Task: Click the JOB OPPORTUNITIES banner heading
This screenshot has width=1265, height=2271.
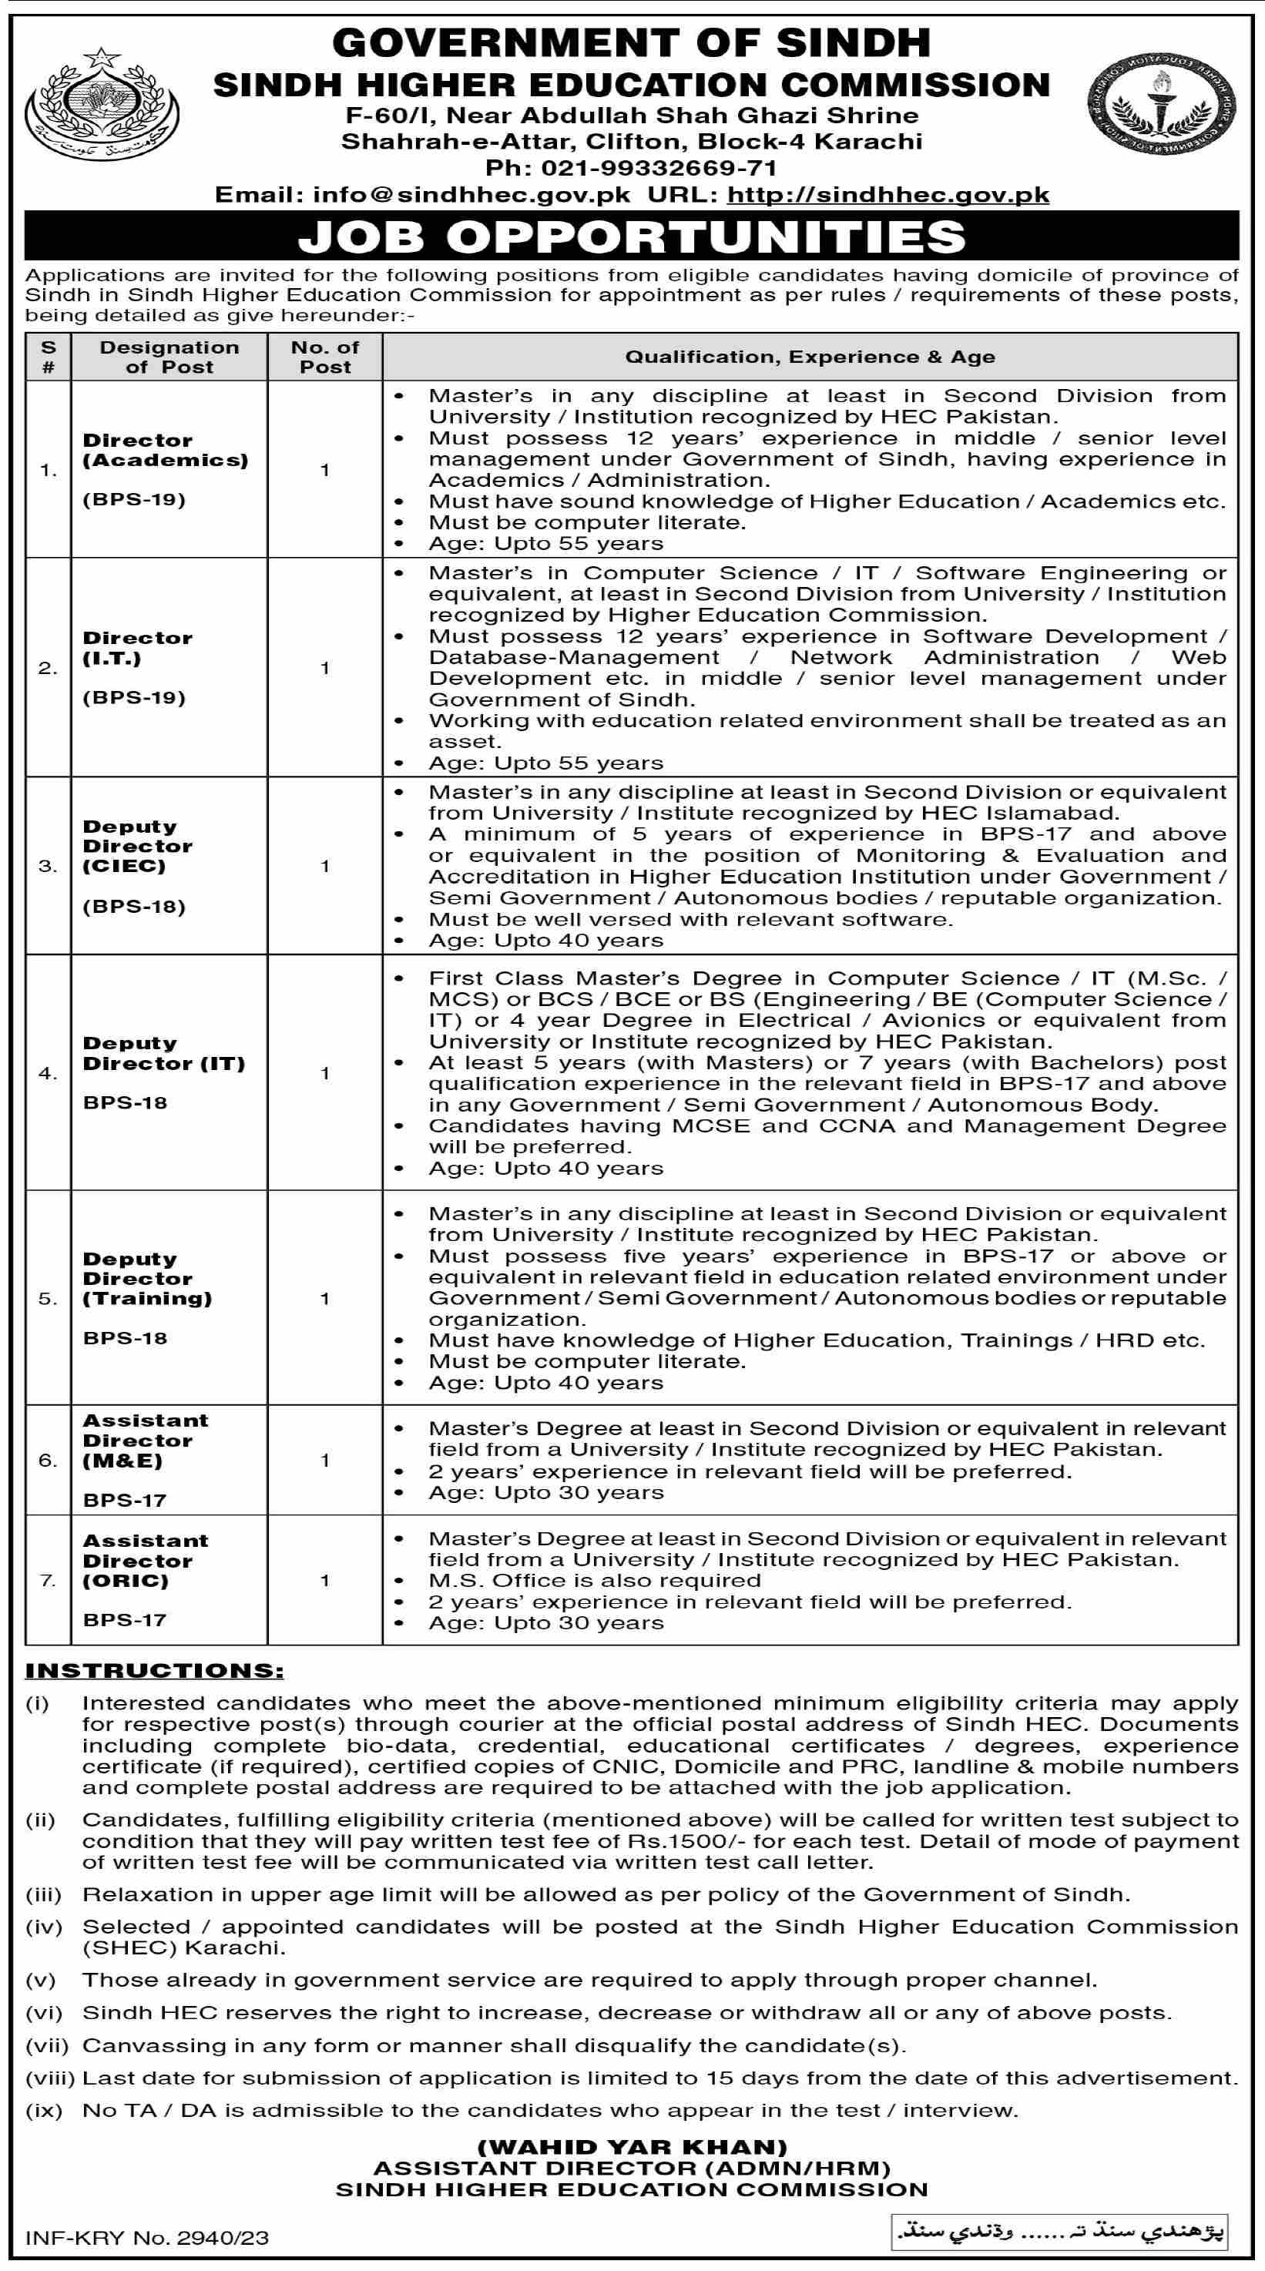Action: (631, 236)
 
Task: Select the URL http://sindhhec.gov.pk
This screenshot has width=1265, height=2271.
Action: (888, 195)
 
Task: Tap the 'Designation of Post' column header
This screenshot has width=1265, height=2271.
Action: (169, 357)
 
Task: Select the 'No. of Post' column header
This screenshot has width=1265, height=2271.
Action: (324, 357)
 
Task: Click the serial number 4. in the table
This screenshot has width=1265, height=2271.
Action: (48, 1073)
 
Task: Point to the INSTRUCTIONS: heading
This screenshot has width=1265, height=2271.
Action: (154, 1671)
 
